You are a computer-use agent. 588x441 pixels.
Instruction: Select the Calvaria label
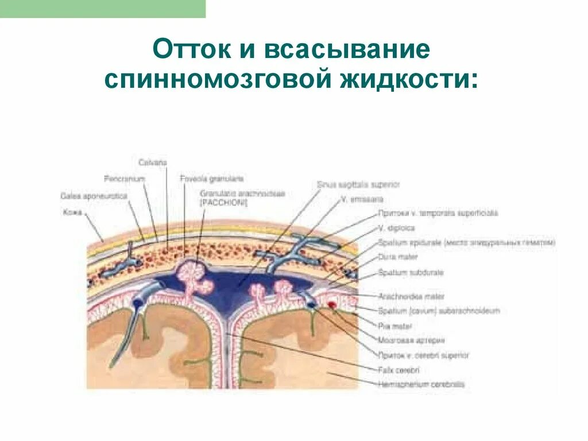coord(152,163)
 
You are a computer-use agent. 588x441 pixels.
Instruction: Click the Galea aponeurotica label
coord(94,196)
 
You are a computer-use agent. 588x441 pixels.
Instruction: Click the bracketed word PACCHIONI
coord(223,203)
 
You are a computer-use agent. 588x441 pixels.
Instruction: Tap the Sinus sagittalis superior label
coord(358,185)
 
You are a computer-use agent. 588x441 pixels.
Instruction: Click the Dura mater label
coord(393,257)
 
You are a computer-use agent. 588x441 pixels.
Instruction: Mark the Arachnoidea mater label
coord(411,297)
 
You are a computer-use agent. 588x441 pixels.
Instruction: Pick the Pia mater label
coord(392,326)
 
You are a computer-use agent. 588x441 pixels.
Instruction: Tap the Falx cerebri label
coord(399,370)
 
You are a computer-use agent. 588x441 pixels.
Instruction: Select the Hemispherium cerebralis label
coord(421,384)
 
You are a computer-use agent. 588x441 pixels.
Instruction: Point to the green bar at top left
coord(103,9)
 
